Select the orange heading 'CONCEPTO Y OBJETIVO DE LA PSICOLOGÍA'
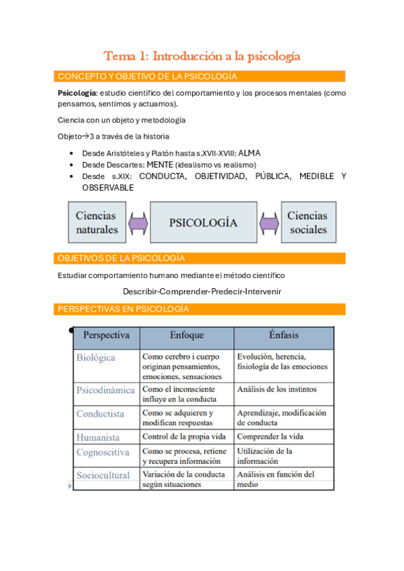(148, 76)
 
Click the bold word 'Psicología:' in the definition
(78, 93)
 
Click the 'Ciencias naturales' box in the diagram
(96, 223)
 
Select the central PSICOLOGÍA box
(203, 222)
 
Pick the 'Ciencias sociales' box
(308, 223)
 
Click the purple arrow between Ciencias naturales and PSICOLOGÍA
(138, 222)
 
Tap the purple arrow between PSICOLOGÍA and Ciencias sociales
(268, 222)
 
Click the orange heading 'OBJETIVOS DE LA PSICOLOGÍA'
(121, 258)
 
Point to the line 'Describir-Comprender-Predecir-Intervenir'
(202, 292)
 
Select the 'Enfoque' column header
(187, 335)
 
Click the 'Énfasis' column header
(283, 335)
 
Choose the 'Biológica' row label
(96, 358)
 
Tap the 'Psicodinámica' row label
(105, 390)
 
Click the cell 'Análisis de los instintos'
(277, 389)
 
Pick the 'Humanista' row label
(98, 437)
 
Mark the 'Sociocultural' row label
(103, 475)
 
